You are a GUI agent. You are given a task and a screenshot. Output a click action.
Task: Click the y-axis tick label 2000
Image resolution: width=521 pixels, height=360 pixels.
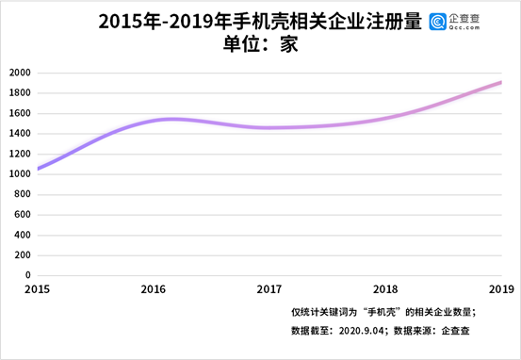click(x=19, y=73)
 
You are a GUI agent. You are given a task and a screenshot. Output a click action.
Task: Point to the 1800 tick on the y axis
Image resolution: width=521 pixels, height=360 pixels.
click(x=19, y=93)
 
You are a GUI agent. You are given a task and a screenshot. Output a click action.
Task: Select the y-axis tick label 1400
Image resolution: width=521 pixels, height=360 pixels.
click(x=19, y=134)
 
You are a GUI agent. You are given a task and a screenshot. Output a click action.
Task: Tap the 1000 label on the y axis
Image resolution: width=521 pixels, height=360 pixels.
click(x=19, y=174)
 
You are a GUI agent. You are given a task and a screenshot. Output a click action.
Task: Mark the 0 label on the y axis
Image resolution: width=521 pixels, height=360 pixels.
click(x=28, y=275)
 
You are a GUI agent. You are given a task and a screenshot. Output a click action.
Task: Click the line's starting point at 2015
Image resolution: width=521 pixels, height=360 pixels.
click(x=38, y=169)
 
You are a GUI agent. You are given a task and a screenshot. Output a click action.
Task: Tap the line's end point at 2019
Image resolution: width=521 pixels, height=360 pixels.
click(x=501, y=82)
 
